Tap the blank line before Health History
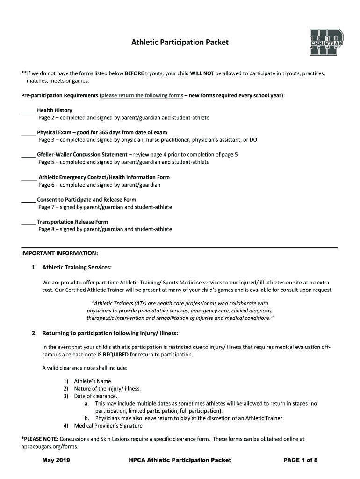[29, 111]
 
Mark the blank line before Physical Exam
[29, 133]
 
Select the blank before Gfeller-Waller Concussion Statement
[29, 155]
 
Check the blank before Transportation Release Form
[29, 222]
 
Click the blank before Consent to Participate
[29, 200]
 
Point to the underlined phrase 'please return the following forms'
[142, 96]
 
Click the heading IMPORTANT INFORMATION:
[60, 253]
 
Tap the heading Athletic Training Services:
[77, 268]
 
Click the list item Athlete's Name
[93, 381]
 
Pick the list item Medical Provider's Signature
[108, 426]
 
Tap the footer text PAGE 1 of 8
[301, 461]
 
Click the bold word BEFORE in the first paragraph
[134, 74]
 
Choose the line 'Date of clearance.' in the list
[95, 396]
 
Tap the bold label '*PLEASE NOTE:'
[40, 439]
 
